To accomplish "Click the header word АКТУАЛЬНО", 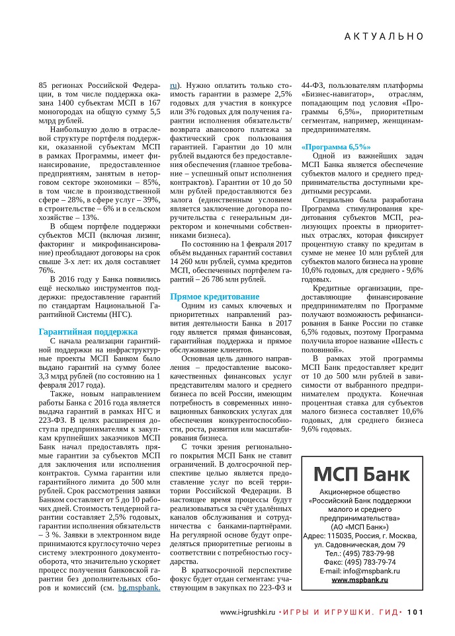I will click(x=383, y=37).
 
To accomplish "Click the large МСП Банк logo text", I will click(x=361, y=474).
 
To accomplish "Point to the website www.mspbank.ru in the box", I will click(x=360, y=579).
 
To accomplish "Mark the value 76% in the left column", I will click(x=47, y=269).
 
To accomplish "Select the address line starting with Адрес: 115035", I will click(x=360, y=535).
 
